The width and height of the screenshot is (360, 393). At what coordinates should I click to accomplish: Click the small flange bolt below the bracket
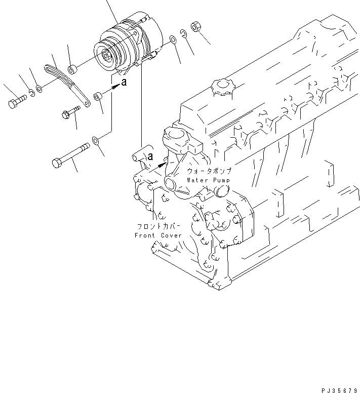pos(71,111)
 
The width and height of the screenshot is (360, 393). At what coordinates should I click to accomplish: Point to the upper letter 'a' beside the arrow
pos(124,83)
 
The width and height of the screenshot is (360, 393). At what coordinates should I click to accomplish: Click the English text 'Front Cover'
pos(158,235)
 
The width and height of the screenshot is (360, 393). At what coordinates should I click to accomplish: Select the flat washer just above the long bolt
pos(96,140)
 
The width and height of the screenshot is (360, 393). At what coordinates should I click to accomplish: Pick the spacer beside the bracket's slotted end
pos(73,67)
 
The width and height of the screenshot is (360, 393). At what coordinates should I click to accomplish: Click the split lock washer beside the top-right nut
pos(183,33)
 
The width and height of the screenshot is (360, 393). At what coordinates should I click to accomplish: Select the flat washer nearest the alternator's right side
pos(173,40)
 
